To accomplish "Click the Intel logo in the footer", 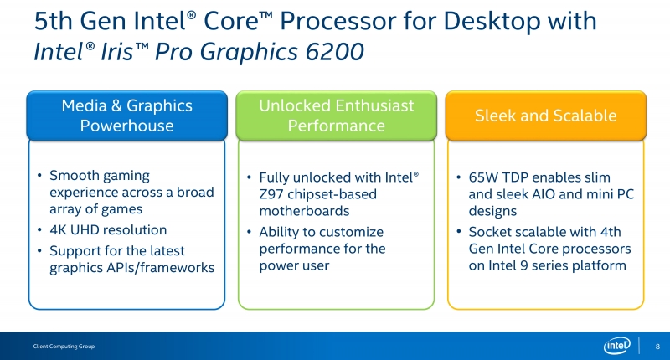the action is point(617,346).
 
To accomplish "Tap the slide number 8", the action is point(657,347).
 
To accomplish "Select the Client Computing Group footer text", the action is point(64,347).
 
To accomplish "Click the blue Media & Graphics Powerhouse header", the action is point(127,116).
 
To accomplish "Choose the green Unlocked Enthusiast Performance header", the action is point(337,116).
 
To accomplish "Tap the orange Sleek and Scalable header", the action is point(546,116).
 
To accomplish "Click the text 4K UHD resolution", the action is point(108,229).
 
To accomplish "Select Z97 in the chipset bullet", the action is point(271,194).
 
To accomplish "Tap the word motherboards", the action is point(304,211).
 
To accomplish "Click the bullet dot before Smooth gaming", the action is point(39,176).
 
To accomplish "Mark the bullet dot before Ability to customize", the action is point(249,232).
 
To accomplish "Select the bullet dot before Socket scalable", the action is point(458,232).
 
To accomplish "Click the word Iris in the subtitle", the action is point(117,52).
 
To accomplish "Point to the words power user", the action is point(294,266).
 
